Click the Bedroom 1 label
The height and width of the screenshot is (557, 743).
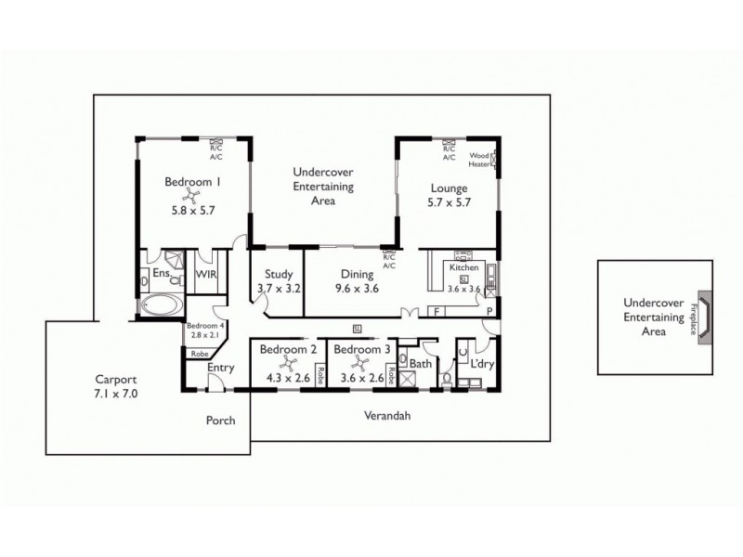pos(192,182)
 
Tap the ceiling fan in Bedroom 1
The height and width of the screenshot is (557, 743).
pos(193,195)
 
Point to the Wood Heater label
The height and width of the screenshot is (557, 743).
pos(479,159)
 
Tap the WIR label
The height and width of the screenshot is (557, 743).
pos(204,275)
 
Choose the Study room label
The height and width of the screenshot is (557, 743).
pos(280,274)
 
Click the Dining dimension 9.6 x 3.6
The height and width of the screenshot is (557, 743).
pos(357,288)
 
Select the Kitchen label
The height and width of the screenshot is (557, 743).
pos(463,267)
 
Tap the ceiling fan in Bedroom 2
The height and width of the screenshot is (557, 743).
pos(288,366)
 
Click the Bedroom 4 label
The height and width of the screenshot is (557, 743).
pos(204,326)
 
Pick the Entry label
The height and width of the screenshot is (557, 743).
pos(221,368)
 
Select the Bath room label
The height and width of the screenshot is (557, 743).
pos(421,364)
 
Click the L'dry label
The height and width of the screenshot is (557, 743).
pos(483,364)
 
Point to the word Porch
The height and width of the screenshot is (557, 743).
pos(220,420)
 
